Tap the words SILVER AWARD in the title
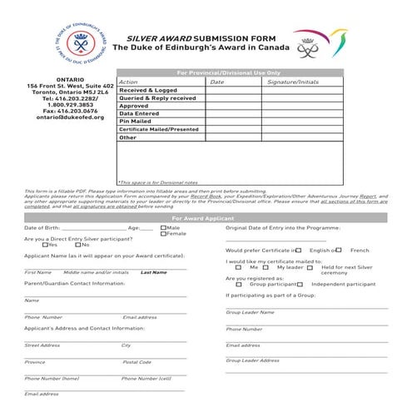tap(158, 39)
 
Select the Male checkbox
tap(164, 227)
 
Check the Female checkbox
tap(164, 234)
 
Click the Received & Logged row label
tap(148, 90)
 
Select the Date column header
tap(217, 82)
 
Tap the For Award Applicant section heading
tap(204, 217)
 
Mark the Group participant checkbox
tap(240, 284)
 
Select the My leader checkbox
tap(271, 267)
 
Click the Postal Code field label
tap(137, 362)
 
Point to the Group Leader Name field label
tap(251, 312)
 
